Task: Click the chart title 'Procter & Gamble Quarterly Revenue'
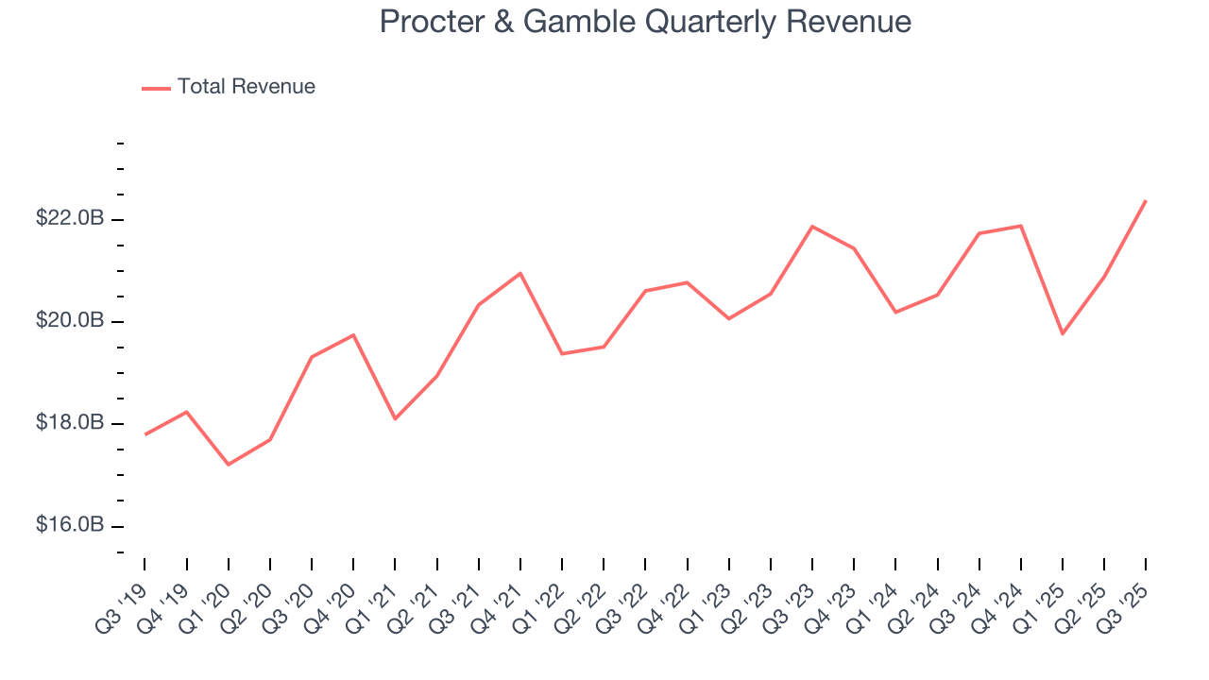coord(645,22)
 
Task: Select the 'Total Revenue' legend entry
coord(246,87)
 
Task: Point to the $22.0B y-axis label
coord(70,218)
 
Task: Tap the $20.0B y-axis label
coord(70,320)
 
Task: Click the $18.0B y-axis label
coord(70,422)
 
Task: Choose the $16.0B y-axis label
coord(70,524)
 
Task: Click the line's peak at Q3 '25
coord(1146,200)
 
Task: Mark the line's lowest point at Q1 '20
coord(229,464)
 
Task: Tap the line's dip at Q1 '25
coord(1063,333)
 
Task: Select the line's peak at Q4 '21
coord(520,273)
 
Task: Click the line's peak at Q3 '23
coord(812,227)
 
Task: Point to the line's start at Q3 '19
coord(145,433)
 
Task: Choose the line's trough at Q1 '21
coord(395,418)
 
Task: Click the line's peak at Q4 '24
coord(1021,226)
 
